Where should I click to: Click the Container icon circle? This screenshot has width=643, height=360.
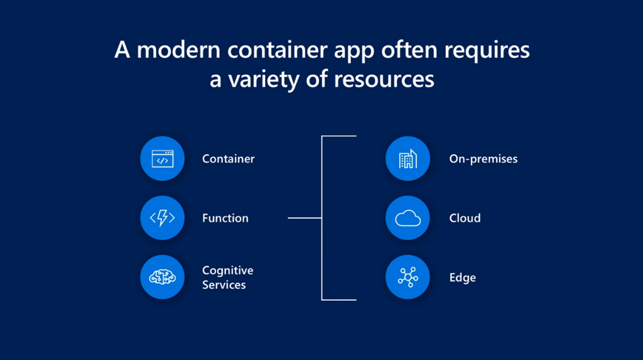click(163, 158)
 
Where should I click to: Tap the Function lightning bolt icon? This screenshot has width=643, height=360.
click(163, 217)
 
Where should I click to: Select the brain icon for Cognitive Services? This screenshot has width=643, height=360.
click(163, 277)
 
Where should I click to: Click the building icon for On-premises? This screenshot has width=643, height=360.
click(408, 158)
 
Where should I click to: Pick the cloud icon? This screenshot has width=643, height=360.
click(408, 217)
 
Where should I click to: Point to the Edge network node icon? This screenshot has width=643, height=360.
click(408, 277)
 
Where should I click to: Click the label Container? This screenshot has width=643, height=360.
click(229, 159)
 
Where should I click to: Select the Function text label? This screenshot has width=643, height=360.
click(225, 218)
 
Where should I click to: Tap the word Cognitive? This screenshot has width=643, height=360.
click(227, 271)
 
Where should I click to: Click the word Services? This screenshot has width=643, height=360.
click(224, 285)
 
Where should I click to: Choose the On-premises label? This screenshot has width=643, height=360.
click(484, 159)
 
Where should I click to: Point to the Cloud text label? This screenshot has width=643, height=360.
click(465, 218)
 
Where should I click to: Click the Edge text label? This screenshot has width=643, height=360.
click(463, 278)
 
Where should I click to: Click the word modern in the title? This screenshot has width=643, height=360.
click(178, 50)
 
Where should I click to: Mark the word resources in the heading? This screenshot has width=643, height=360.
click(384, 80)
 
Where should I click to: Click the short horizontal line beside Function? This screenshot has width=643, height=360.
click(305, 218)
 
